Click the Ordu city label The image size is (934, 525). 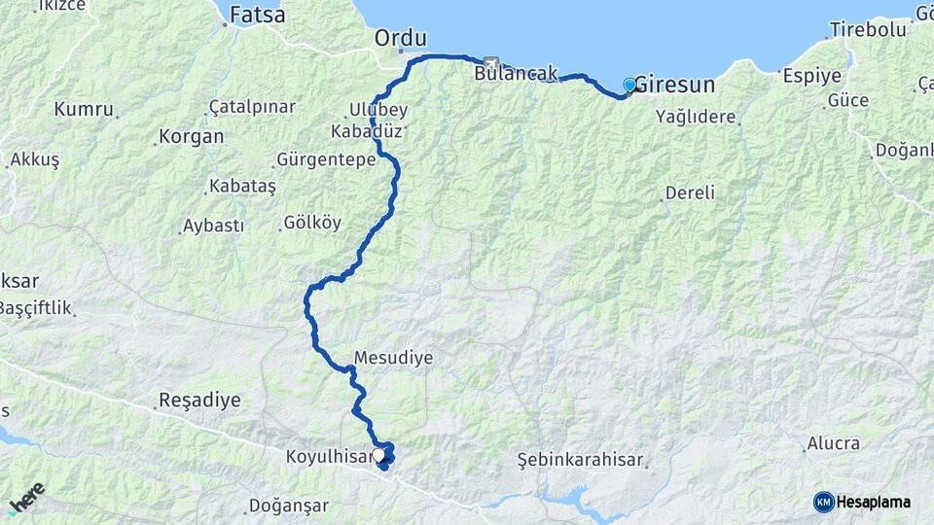[x=401, y=39]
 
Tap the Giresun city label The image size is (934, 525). [x=675, y=86]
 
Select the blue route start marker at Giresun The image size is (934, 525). [x=629, y=85]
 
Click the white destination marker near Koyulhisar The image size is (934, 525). [x=378, y=454]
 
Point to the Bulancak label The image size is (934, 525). [x=516, y=73]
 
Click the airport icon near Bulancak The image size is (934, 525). [x=488, y=61]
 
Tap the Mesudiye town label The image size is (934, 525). [x=393, y=358]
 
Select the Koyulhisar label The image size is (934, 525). [x=329, y=456]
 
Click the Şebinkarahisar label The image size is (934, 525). [x=580, y=457]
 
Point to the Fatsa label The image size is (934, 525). [x=258, y=16]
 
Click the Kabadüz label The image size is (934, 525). [x=369, y=131]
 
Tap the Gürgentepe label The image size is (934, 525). [x=326, y=159]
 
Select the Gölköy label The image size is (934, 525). [x=312, y=223]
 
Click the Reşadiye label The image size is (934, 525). [x=198, y=400]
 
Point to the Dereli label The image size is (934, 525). [x=690, y=192]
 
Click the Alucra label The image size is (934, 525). [x=833, y=443]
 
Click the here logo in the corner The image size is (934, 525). [x=26, y=497]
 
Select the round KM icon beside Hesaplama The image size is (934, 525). [x=824, y=502]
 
